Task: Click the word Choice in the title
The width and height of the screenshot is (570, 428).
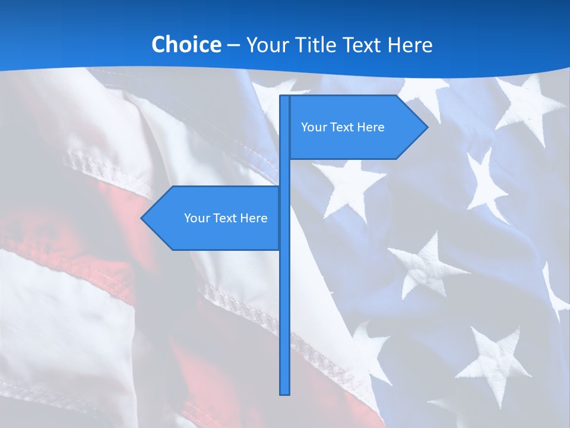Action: click(186, 45)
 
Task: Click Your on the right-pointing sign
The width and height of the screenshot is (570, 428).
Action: click(313, 127)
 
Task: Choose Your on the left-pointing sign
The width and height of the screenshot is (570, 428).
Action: click(197, 218)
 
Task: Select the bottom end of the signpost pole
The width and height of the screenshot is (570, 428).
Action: click(284, 392)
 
